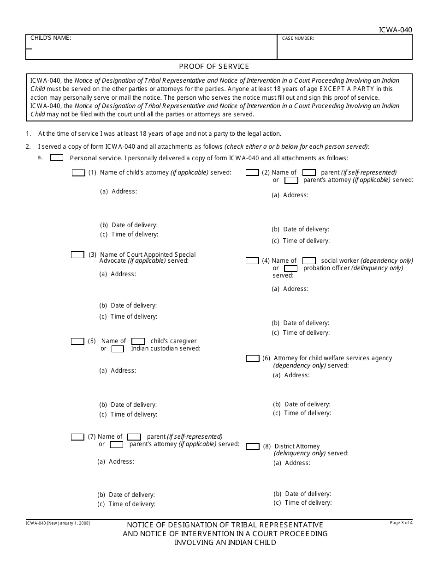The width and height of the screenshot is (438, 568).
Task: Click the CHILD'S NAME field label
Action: [51, 38]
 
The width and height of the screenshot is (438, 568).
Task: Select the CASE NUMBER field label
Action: [298, 38]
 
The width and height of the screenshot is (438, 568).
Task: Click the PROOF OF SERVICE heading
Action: [214, 66]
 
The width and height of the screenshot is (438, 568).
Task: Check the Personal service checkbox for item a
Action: [56, 157]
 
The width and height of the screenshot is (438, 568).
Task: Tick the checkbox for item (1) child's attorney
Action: [79, 173]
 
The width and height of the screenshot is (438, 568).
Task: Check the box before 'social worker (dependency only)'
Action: [309, 261]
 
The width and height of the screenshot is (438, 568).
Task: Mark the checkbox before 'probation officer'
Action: [291, 268]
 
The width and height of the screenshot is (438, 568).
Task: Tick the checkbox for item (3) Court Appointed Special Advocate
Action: [77, 255]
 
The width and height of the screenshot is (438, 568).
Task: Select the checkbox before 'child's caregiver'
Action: [138, 341]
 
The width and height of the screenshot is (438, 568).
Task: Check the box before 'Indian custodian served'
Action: [118, 349]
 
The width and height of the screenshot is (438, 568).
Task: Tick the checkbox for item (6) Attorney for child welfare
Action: [253, 358]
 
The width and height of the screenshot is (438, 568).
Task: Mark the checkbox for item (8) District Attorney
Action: [253, 447]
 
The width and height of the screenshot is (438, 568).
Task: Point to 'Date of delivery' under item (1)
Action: [129, 225]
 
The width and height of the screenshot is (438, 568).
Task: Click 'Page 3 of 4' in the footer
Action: [401, 523]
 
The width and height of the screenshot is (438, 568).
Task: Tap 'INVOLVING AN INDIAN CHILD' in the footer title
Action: [225, 543]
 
